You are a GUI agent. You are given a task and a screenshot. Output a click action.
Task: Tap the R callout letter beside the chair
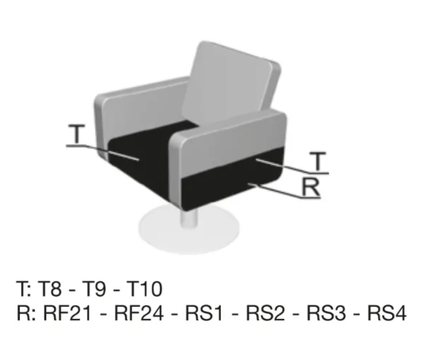pos(311,187)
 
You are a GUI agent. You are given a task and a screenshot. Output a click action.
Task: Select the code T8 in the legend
pos(49,289)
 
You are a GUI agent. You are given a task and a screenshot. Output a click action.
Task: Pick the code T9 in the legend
pos(94,289)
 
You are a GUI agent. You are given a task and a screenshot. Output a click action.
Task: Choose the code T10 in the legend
pos(144,289)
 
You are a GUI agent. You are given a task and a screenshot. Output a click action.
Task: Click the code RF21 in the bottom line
pos(67,313)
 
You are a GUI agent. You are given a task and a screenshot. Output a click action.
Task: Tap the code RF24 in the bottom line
pos(139,313)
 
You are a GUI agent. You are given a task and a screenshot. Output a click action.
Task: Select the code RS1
pos(204,313)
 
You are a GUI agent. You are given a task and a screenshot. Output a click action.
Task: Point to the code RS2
pos(265,313)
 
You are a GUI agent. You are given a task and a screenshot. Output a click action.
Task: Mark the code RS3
pos(327,313)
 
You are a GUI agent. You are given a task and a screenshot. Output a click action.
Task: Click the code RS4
pos(387,313)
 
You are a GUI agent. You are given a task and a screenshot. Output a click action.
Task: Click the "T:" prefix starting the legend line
pos(24,289)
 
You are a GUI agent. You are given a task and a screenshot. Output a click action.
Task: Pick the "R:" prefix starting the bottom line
pos(26,313)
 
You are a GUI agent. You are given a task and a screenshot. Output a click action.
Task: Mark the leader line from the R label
pos(284,191)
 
